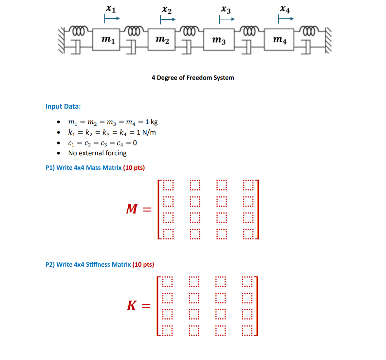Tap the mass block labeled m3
pos(218,40)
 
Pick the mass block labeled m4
pos(279,40)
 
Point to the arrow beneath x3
pos(227,20)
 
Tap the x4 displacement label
pos(285,9)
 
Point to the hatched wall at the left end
pos(61,40)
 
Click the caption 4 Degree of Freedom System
pos(193,78)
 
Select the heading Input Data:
pos(63,106)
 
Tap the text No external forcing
pos(97,153)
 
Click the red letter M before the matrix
pos(132,209)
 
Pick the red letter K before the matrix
pos(132,305)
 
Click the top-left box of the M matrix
pos(168,185)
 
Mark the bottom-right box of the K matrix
pos(247,331)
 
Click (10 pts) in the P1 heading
pos(134,168)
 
